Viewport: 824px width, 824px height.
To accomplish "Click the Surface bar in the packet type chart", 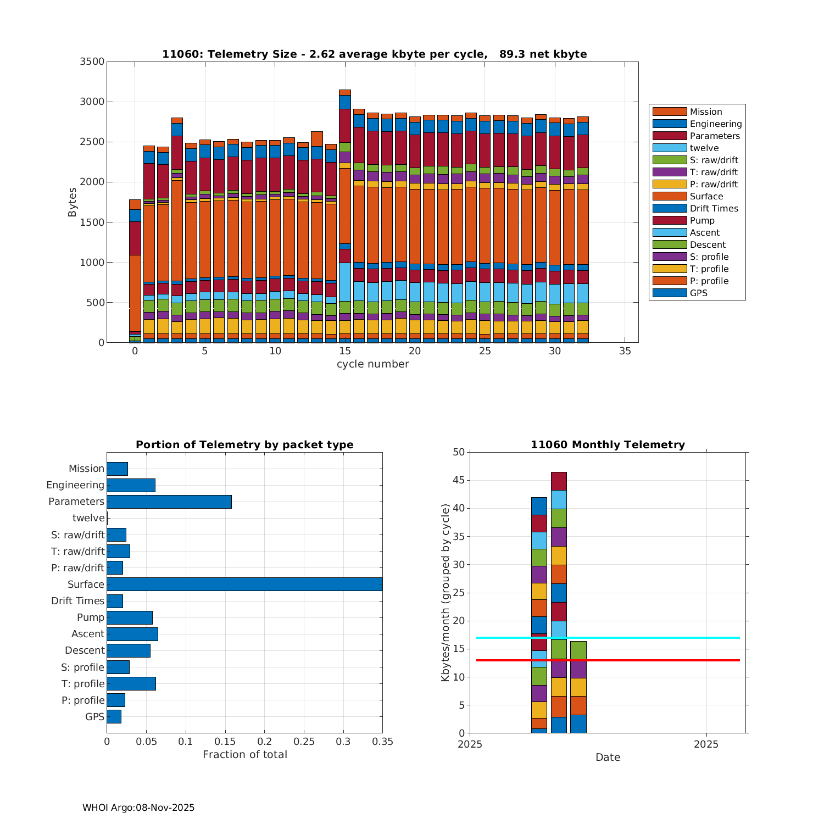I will [244, 584].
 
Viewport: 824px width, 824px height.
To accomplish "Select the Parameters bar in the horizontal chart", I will [169, 502].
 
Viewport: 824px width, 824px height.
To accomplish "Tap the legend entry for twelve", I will [704, 148].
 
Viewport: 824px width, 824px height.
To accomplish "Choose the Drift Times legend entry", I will [714, 208].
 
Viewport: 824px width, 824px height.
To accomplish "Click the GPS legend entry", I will [698, 293].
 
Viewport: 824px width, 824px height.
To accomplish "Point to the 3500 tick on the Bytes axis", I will [92, 62].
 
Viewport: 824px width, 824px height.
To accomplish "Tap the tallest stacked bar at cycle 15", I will [345, 220].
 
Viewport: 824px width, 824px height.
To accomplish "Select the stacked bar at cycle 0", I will [135, 275].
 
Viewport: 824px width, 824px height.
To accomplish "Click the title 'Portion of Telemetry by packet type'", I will [244, 444].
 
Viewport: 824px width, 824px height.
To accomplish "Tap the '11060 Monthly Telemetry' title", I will [608, 444].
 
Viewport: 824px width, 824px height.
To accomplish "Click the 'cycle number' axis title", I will [372, 364].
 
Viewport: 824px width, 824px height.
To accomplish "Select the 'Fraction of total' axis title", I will [244, 755].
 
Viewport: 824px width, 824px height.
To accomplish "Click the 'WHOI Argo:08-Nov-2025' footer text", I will [138, 808].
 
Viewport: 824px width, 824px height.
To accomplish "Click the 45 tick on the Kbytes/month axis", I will [458, 481].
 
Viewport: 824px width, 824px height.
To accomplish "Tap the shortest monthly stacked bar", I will [578, 687].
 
